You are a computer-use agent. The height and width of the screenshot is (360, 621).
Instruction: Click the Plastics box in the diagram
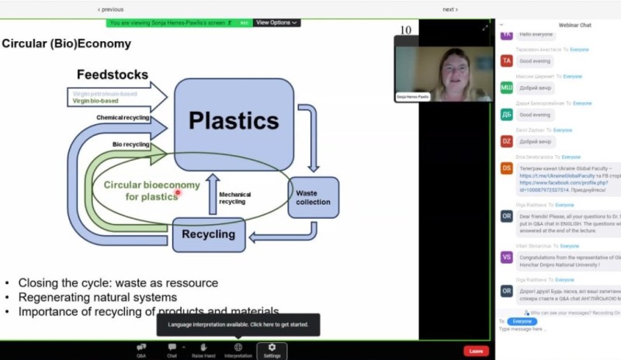234,120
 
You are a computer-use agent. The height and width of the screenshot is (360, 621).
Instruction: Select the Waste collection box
313,197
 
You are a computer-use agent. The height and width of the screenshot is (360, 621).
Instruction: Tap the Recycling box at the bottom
208,234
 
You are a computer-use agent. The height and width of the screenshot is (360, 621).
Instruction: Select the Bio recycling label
130,144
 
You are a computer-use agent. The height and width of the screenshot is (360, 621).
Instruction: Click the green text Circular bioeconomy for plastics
151,191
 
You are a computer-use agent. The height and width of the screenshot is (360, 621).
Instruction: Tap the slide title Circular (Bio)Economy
67,43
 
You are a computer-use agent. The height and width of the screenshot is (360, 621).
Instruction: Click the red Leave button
476,351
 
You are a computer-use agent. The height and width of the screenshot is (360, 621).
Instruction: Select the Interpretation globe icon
238,348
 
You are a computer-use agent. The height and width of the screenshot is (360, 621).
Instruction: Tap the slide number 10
405,30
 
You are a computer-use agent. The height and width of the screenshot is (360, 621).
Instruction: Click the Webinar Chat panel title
575,25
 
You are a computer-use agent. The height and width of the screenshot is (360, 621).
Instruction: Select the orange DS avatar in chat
506,168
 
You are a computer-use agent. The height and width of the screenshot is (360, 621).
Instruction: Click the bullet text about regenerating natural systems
98,297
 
